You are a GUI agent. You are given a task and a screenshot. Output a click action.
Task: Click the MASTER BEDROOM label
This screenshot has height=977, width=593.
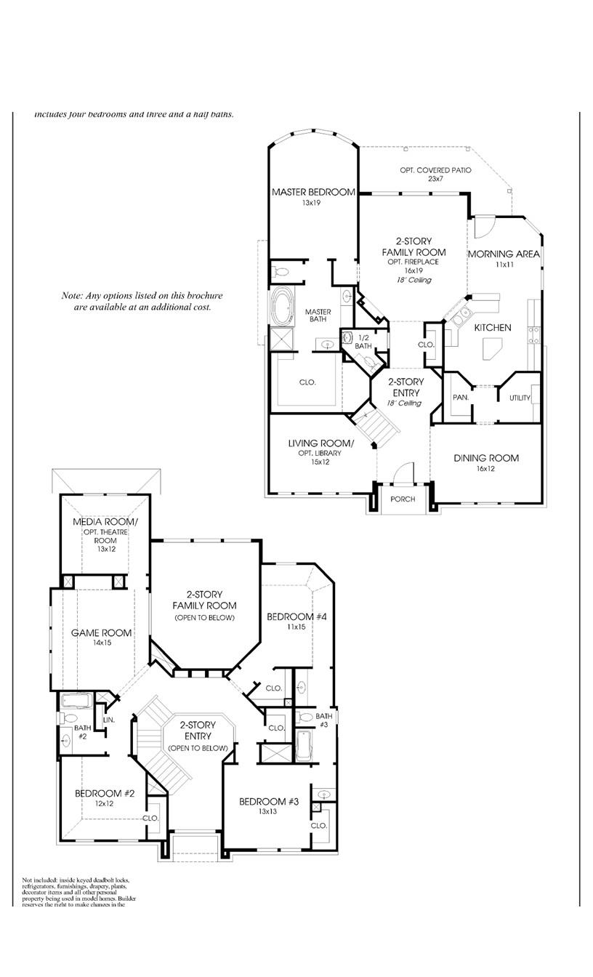313,193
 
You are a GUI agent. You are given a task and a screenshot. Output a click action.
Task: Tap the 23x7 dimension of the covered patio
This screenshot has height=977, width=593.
435,179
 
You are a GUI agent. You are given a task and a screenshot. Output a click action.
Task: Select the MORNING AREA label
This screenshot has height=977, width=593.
503,254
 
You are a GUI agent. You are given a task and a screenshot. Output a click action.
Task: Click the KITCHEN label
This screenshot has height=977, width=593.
493,328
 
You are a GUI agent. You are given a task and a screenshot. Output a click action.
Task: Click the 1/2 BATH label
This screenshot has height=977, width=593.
363,342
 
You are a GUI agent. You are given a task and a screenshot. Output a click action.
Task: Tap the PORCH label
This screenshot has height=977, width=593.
403,499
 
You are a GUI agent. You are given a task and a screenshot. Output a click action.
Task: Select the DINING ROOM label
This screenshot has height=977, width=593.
486,458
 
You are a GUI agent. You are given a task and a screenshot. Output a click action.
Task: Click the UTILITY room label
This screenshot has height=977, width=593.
520,398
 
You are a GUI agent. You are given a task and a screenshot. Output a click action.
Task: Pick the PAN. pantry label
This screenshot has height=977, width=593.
460,398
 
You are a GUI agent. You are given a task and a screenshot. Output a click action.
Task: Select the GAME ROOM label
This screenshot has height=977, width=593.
102,633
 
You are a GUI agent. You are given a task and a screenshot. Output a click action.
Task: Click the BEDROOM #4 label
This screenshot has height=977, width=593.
296,617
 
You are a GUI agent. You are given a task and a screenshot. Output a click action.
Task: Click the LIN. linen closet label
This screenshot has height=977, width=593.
109,720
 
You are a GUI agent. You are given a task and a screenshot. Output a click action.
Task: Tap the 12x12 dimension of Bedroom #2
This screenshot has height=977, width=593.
105,803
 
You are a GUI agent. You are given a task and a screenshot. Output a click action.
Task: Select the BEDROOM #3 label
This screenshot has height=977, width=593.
270,801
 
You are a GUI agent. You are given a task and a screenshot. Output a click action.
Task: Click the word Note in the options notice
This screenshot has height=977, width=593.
72,296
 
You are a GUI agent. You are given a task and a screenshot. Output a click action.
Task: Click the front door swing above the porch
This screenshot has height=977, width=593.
401,471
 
